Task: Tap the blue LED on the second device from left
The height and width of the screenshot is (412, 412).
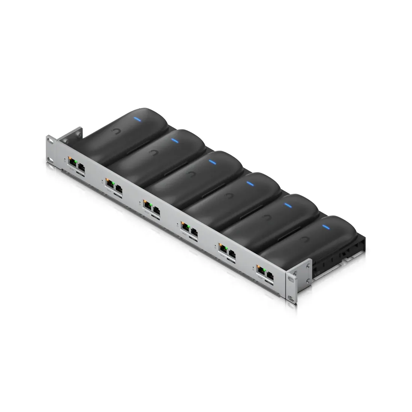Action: tap(175, 141)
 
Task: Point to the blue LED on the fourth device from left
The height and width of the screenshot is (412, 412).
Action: tap(249, 183)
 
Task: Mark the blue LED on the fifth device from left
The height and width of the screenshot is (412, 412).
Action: tap(288, 205)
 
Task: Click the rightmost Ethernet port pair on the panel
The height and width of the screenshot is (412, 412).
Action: tap(265, 270)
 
